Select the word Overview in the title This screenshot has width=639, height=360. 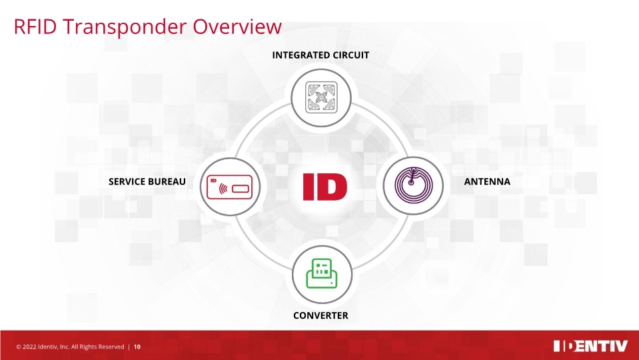point(238,27)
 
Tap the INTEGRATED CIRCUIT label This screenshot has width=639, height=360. point(320,55)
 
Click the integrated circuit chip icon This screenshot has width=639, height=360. point(320,97)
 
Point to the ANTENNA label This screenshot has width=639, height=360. point(487,181)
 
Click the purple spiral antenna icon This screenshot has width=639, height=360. point(414,185)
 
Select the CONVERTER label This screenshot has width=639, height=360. point(320,315)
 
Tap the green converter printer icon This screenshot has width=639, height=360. point(321,272)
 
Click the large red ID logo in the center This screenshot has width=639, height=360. point(324,187)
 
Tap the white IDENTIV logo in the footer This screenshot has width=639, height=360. point(590,346)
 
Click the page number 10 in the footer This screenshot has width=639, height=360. point(137,347)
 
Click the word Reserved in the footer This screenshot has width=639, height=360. point(109,347)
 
